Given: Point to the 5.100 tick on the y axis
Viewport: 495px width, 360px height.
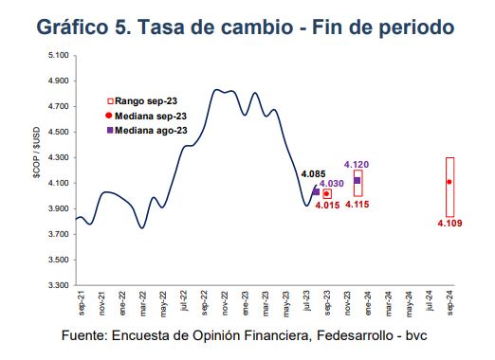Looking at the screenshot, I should [56, 56].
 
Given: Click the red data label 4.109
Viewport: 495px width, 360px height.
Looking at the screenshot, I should [449, 223].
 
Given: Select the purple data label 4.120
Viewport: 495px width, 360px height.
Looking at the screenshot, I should [357, 164].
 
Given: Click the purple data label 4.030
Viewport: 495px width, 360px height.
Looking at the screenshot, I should [331, 183].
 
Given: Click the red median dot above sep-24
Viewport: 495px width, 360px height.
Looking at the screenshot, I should [449, 182].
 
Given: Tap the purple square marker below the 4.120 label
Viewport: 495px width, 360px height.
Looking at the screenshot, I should [357, 180].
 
